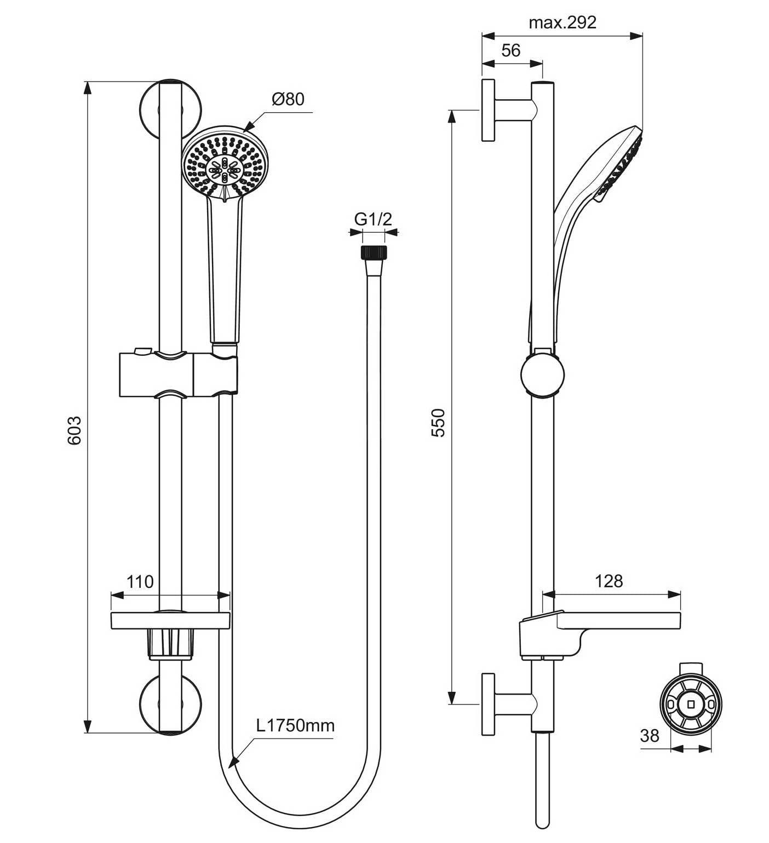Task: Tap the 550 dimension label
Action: click(x=439, y=422)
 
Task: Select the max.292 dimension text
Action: click(x=563, y=22)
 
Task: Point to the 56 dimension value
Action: click(x=510, y=50)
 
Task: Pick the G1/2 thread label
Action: click(x=374, y=219)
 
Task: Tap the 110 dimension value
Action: click(x=140, y=581)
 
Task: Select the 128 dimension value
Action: click(x=609, y=581)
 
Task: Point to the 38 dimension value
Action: click(x=650, y=736)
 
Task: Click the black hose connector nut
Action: click(x=374, y=252)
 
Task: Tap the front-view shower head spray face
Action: click(x=225, y=164)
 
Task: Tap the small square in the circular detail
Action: click(x=691, y=703)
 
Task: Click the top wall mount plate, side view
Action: click(x=489, y=110)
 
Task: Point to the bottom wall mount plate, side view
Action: click(x=489, y=704)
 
